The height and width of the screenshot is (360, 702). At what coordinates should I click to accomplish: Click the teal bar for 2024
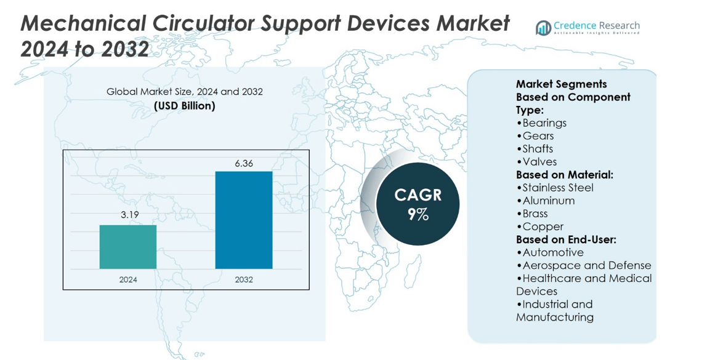point(128,247)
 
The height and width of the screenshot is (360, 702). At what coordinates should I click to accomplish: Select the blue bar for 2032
point(244,220)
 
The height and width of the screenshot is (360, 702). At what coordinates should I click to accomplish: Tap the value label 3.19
point(130,215)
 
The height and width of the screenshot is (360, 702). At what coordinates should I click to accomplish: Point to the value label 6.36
point(244,164)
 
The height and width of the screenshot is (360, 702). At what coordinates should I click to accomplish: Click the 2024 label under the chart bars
point(128,280)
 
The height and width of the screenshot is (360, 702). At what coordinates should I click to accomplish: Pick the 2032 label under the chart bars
point(244,280)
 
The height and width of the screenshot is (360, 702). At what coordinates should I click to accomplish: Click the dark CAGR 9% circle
point(418,204)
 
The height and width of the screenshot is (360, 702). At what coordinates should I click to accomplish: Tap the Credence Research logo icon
point(544,28)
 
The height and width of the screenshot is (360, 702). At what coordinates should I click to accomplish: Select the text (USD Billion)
point(185,106)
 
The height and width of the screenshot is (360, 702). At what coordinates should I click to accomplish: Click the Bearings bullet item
point(541,123)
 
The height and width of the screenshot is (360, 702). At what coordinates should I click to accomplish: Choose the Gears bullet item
point(535,136)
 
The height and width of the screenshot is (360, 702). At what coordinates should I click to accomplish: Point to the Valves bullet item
point(536,162)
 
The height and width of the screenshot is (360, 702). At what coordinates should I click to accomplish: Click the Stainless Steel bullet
point(555,188)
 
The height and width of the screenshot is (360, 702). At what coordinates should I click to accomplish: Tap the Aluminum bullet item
point(546,201)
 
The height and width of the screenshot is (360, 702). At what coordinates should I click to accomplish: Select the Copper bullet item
point(540,226)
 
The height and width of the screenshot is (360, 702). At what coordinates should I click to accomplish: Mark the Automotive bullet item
point(550,253)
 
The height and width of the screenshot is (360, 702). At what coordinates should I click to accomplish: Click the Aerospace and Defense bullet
point(584,266)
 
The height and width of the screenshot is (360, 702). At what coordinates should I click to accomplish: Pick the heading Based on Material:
point(565,175)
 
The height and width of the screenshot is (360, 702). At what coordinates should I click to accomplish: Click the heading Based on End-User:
point(567,240)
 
